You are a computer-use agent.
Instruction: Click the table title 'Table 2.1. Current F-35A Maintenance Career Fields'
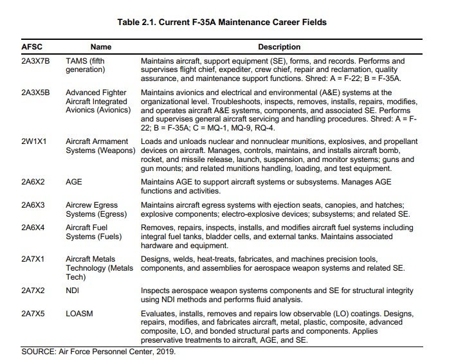pyautogui.click(x=222, y=22)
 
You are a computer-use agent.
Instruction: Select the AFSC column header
pyautogui.click(x=32, y=47)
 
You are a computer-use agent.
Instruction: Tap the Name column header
pyautogui.click(x=100, y=47)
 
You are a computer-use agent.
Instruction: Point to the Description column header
pyautogui.click(x=279, y=47)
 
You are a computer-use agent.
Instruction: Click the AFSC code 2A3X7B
pyautogui.click(x=37, y=60)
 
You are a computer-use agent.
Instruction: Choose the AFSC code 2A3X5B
pyautogui.click(x=37, y=93)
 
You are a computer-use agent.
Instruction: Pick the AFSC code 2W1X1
pyautogui.click(x=34, y=141)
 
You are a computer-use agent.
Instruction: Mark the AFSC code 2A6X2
pyautogui.click(x=34, y=182)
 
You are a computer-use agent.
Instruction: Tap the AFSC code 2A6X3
pyautogui.click(x=34, y=204)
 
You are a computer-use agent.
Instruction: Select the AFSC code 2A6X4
pyautogui.click(x=34, y=227)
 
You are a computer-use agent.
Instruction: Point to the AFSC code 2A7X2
pyautogui.click(x=34, y=290)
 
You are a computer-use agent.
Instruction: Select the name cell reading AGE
pyautogui.click(x=73, y=182)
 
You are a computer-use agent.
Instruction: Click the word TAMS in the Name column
pyautogui.click(x=77, y=60)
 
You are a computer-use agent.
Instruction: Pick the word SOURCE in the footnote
pyautogui.click(x=39, y=352)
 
